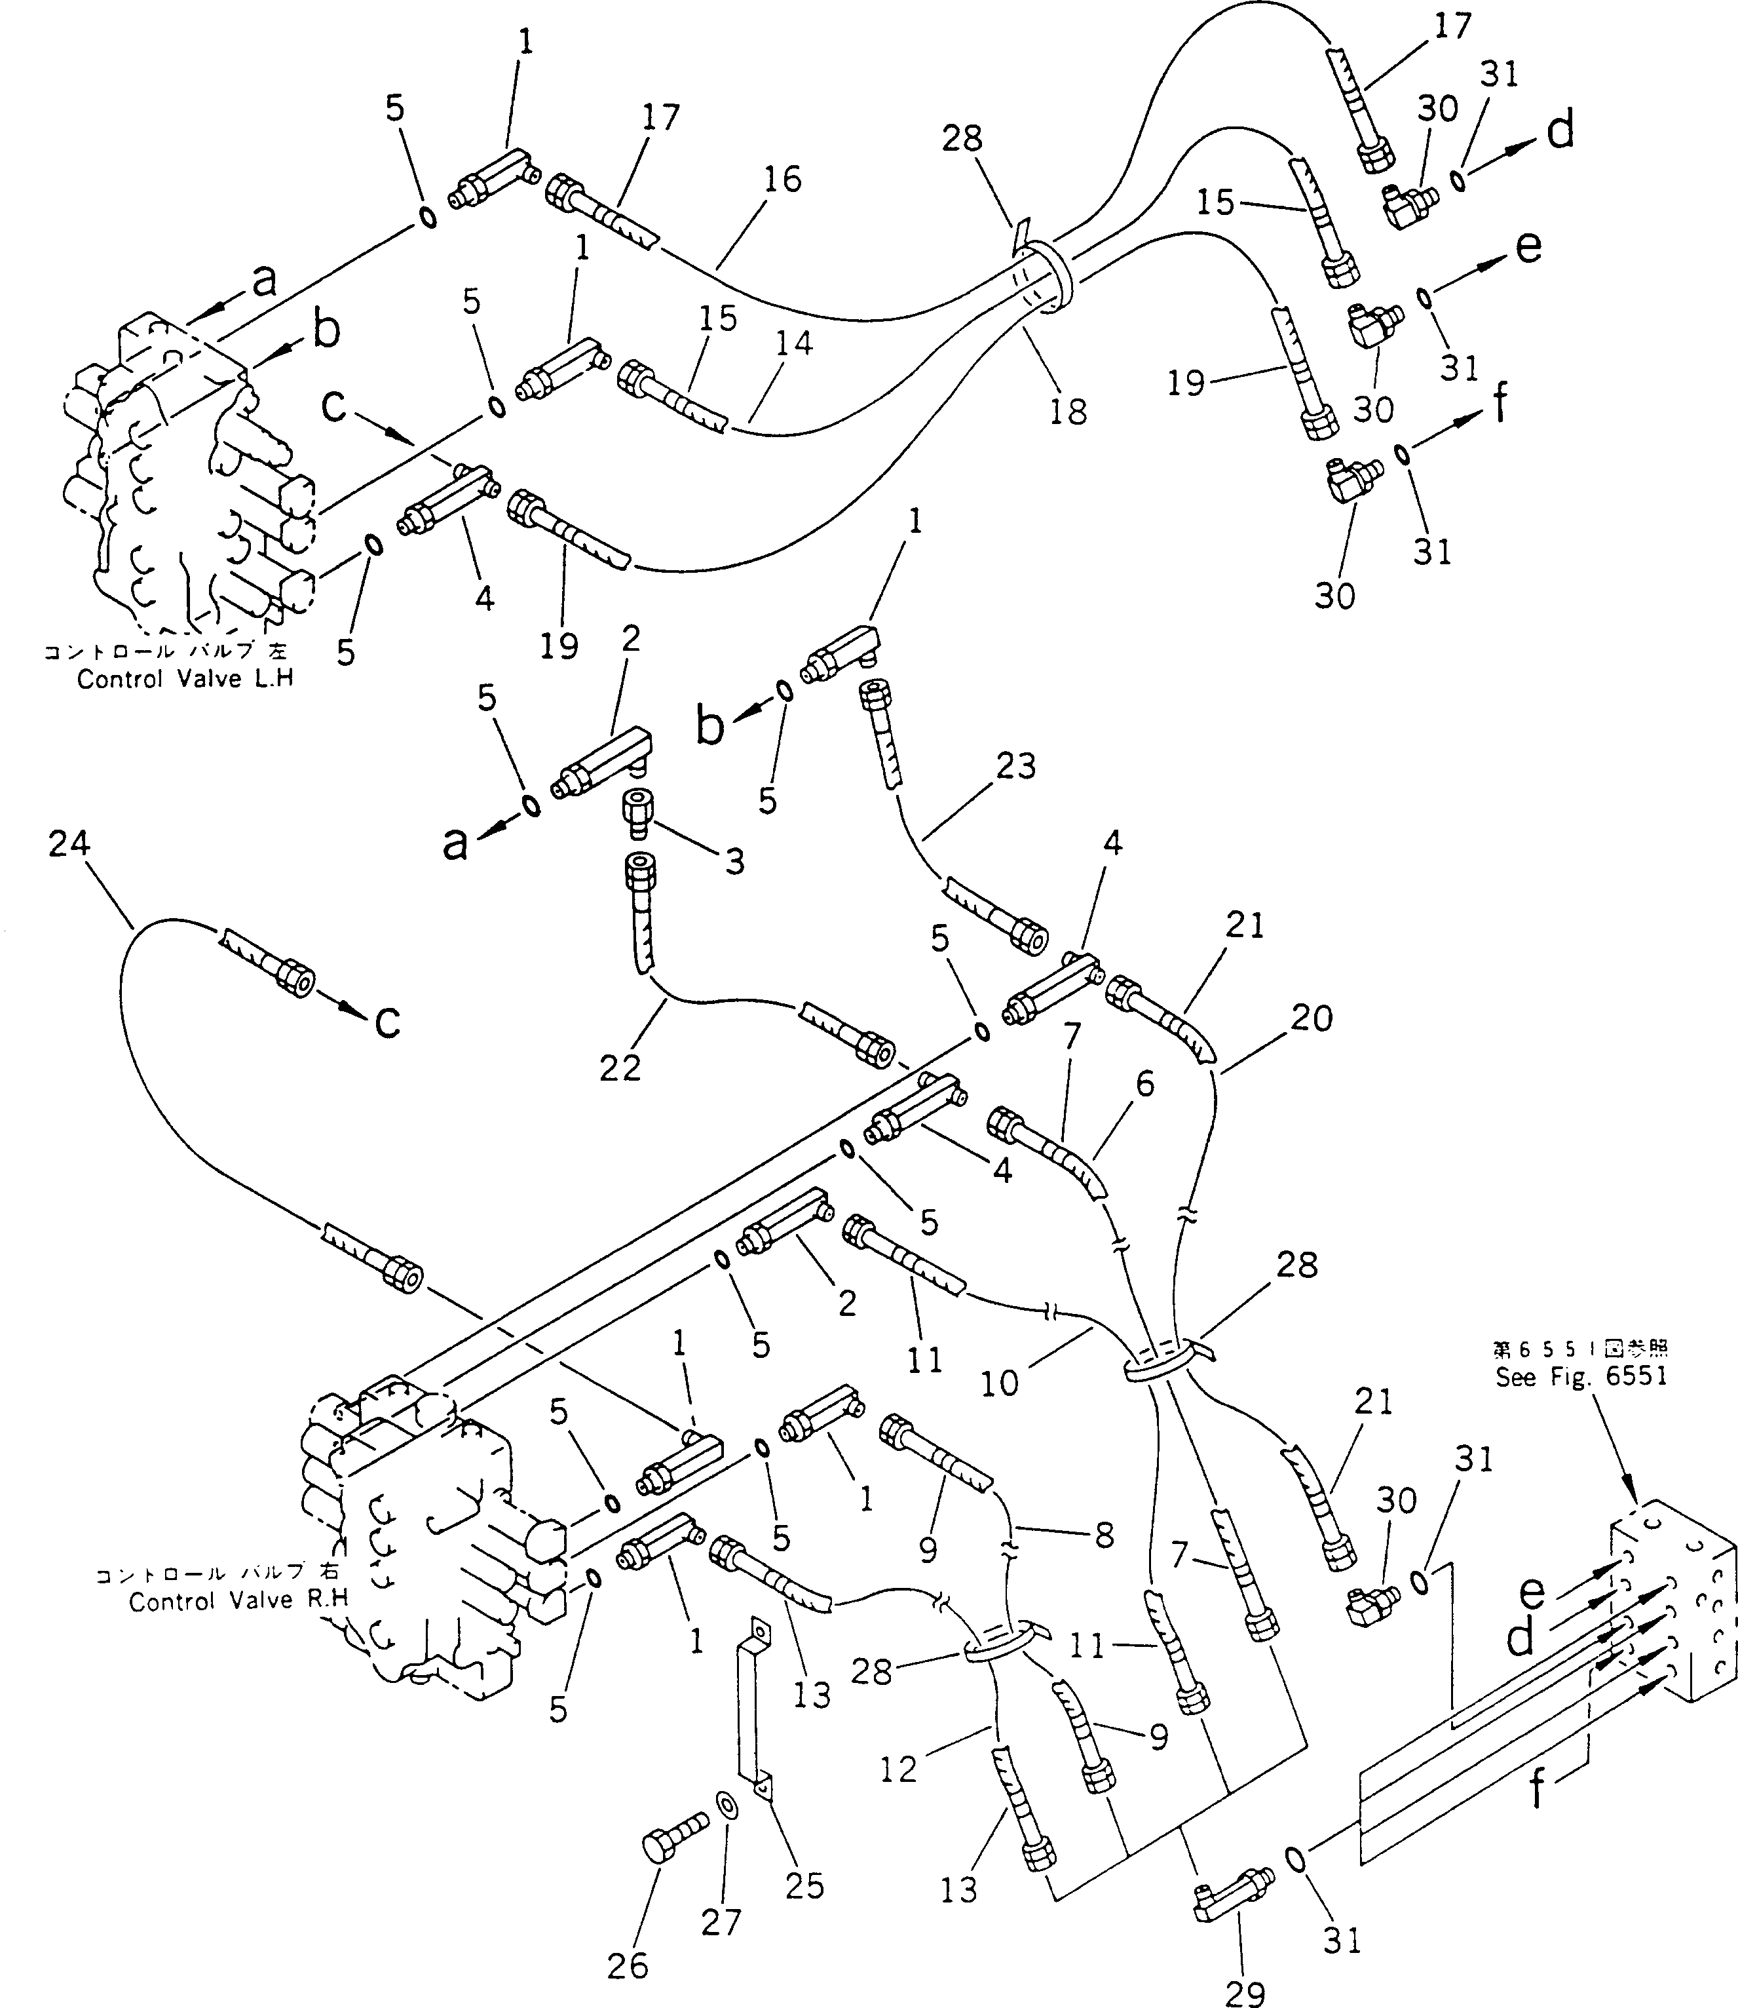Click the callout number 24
pyautogui.click(x=68, y=844)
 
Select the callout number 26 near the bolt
pyautogui.click(x=628, y=1965)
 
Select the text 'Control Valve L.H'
pyautogui.click(x=184, y=678)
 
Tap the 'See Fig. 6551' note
pyautogui.click(x=1581, y=1376)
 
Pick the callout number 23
pyautogui.click(x=1015, y=766)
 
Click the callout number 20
pyautogui.click(x=1312, y=1018)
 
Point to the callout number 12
pyautogui.click(x=898, y=1769)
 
